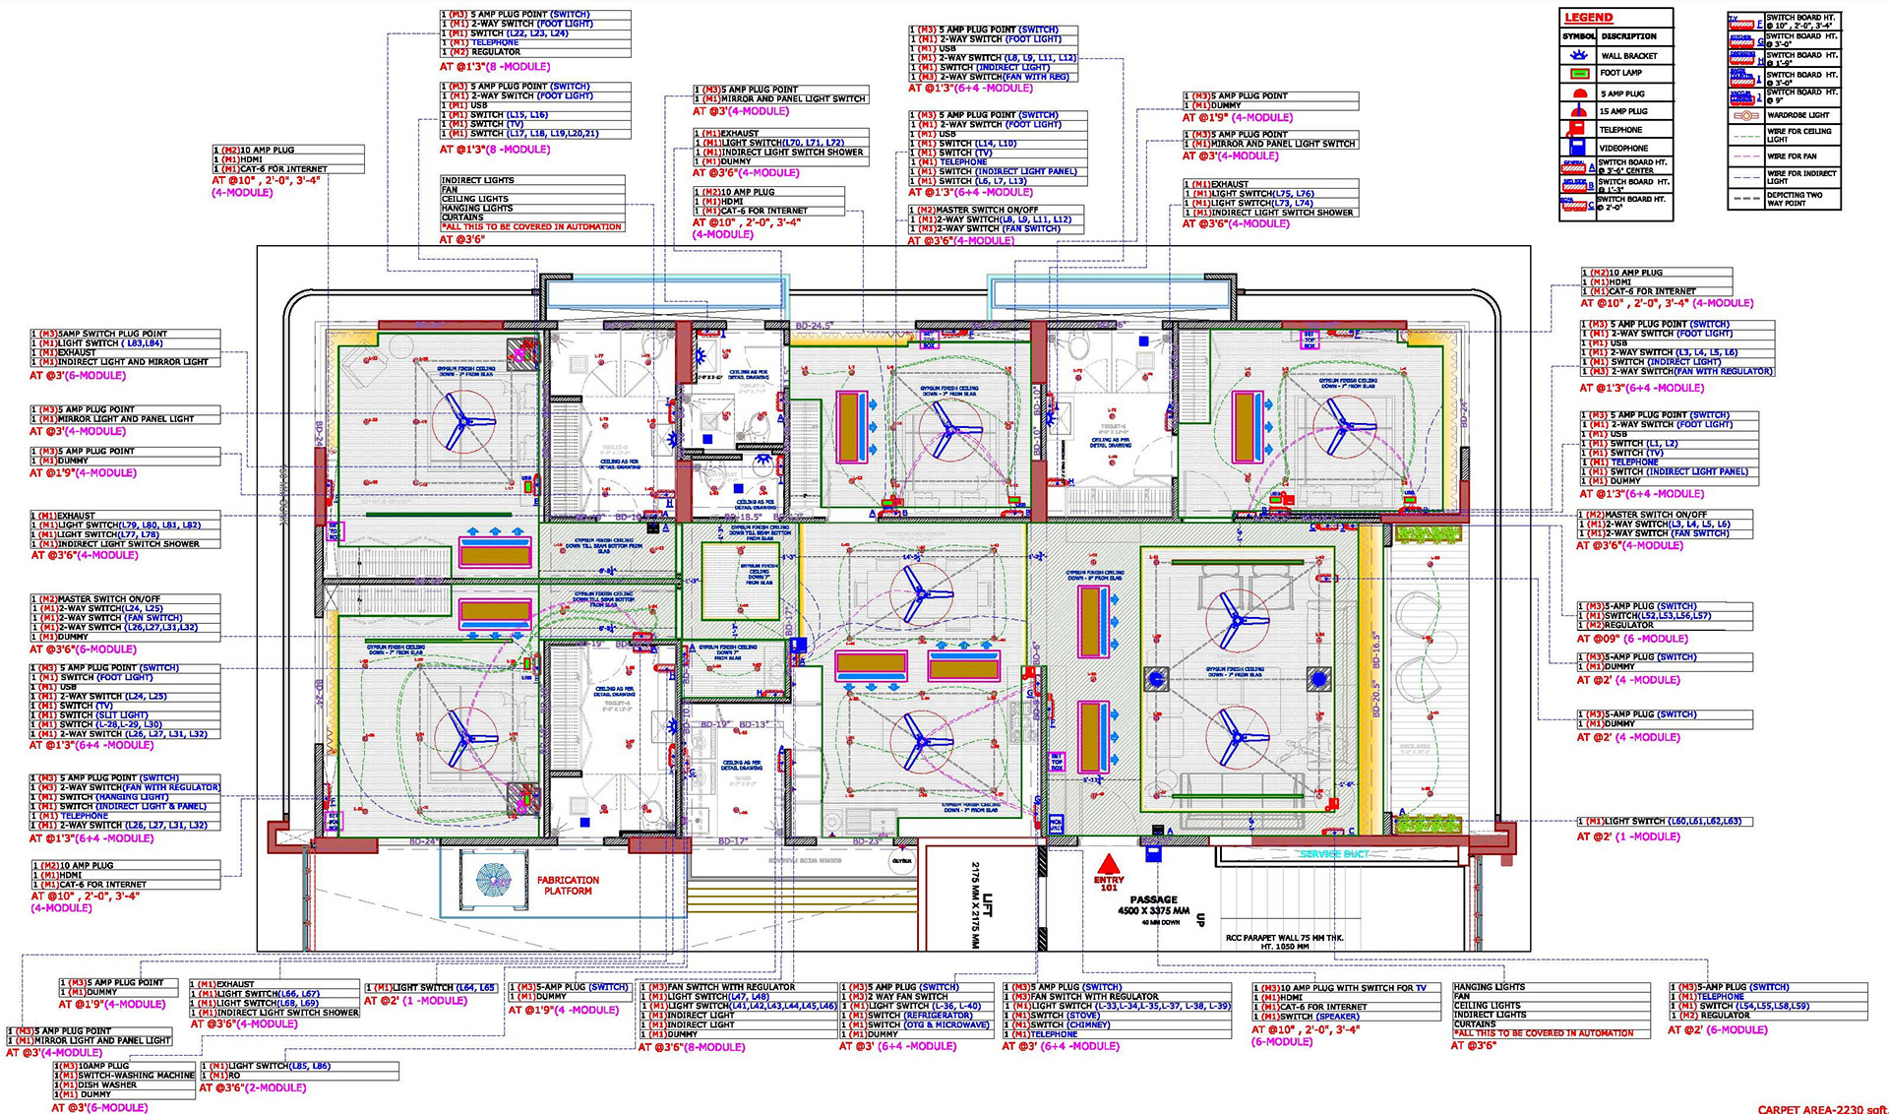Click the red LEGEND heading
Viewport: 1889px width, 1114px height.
coord(1588,18)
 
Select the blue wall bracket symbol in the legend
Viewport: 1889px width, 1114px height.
coord(1579,56)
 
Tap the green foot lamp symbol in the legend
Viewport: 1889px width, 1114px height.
coord(1579,74)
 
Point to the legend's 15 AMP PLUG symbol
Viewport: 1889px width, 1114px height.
coord(1579,111)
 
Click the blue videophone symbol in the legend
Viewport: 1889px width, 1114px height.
coord(1579,148)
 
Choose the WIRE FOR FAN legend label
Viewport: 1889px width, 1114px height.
coord(1792,156)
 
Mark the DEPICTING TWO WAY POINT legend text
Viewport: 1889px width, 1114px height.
coord(1795,199)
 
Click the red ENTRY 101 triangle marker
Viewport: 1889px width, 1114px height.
coord(1109,865)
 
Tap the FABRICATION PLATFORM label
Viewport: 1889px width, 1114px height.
coord(568,886)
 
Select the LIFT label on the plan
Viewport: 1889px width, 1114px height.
coord(988,905)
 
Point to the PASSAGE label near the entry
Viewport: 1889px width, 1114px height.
coord(1153,899)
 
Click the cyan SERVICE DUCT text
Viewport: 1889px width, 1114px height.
coord(1333,854)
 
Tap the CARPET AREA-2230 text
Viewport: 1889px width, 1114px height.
coord(1820,1109)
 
